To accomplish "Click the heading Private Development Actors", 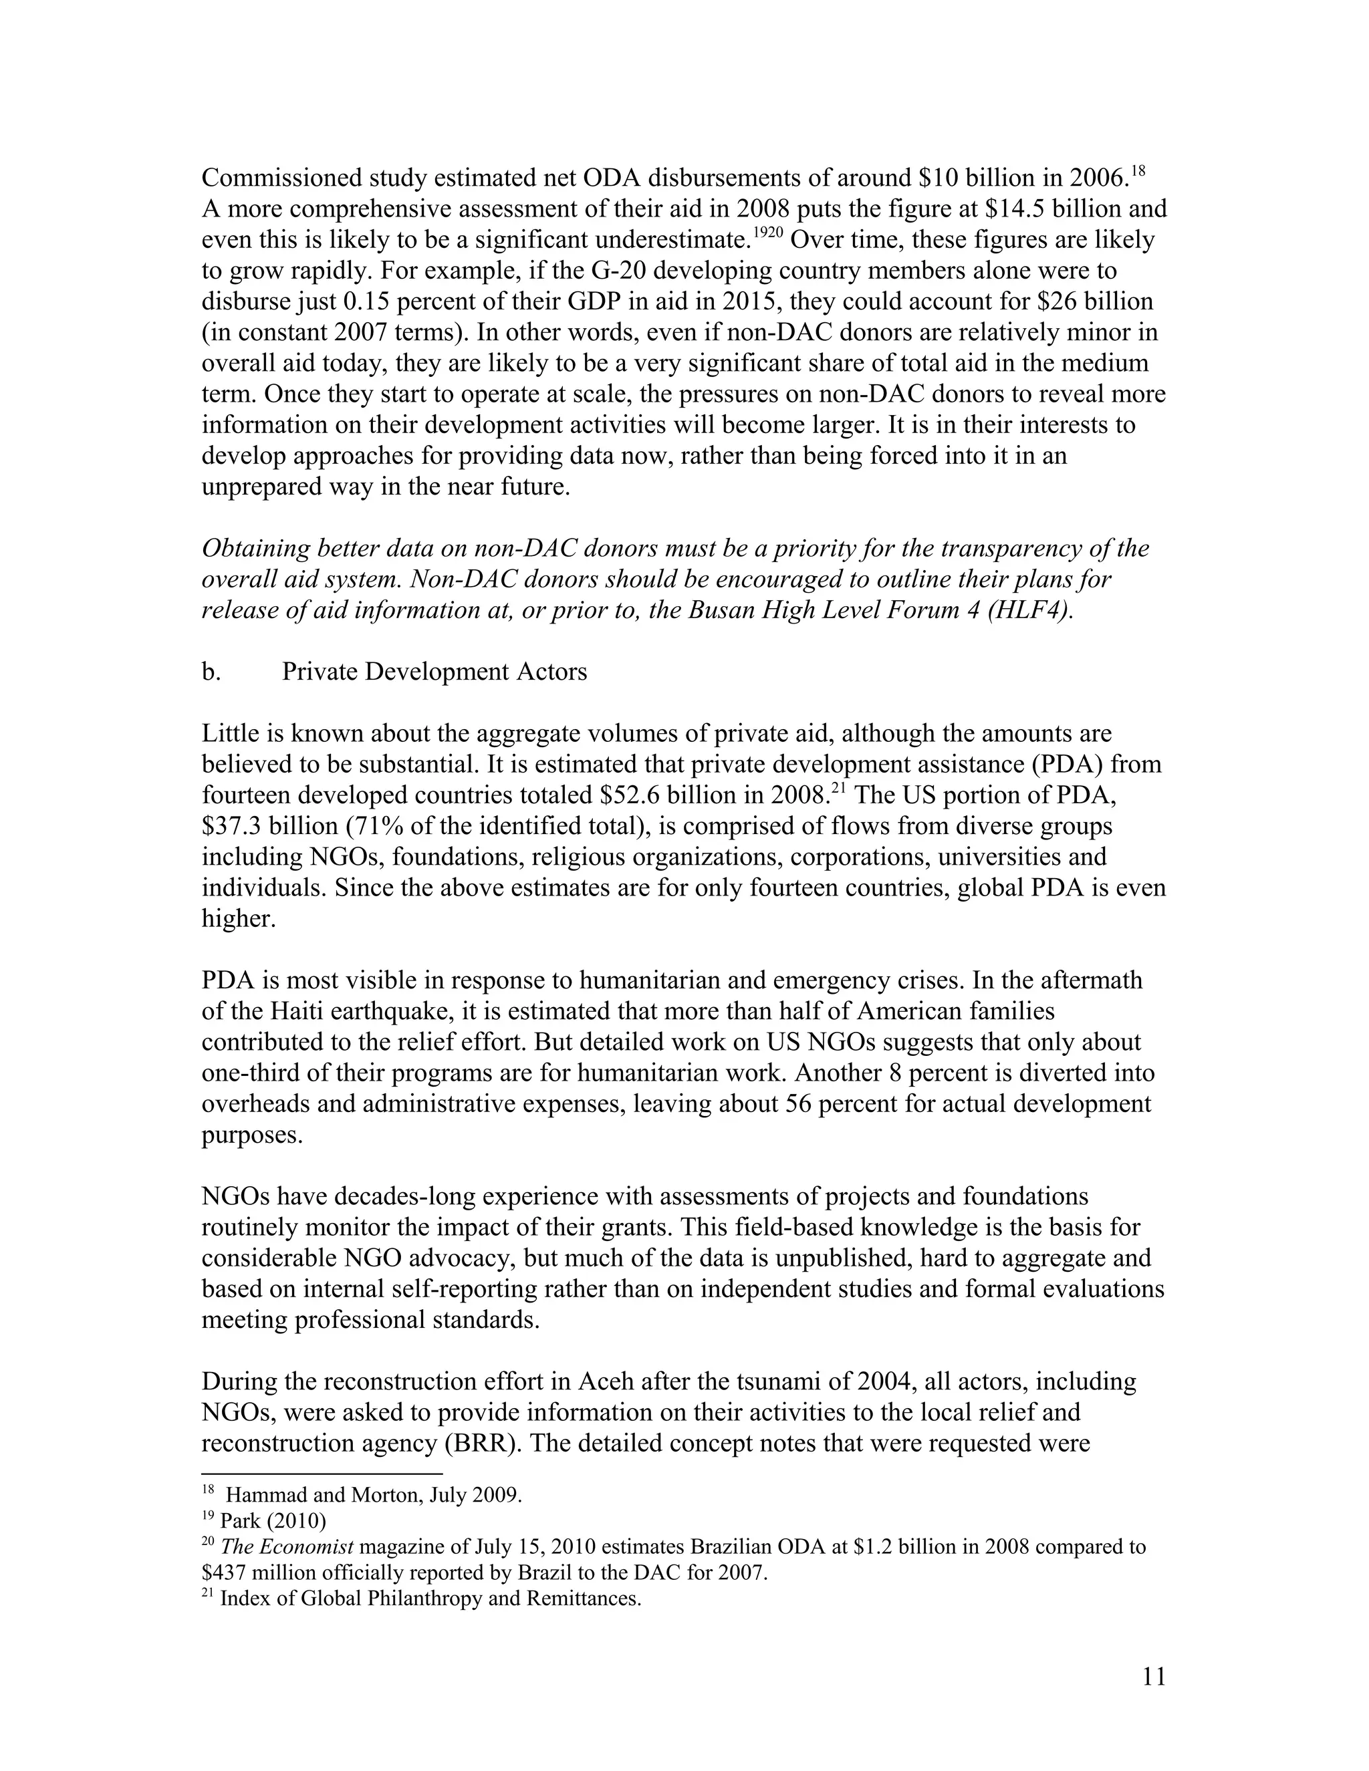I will pos(434,672).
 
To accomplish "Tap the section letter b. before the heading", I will pos(210,672).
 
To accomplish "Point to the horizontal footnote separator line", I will pos(322,1474).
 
